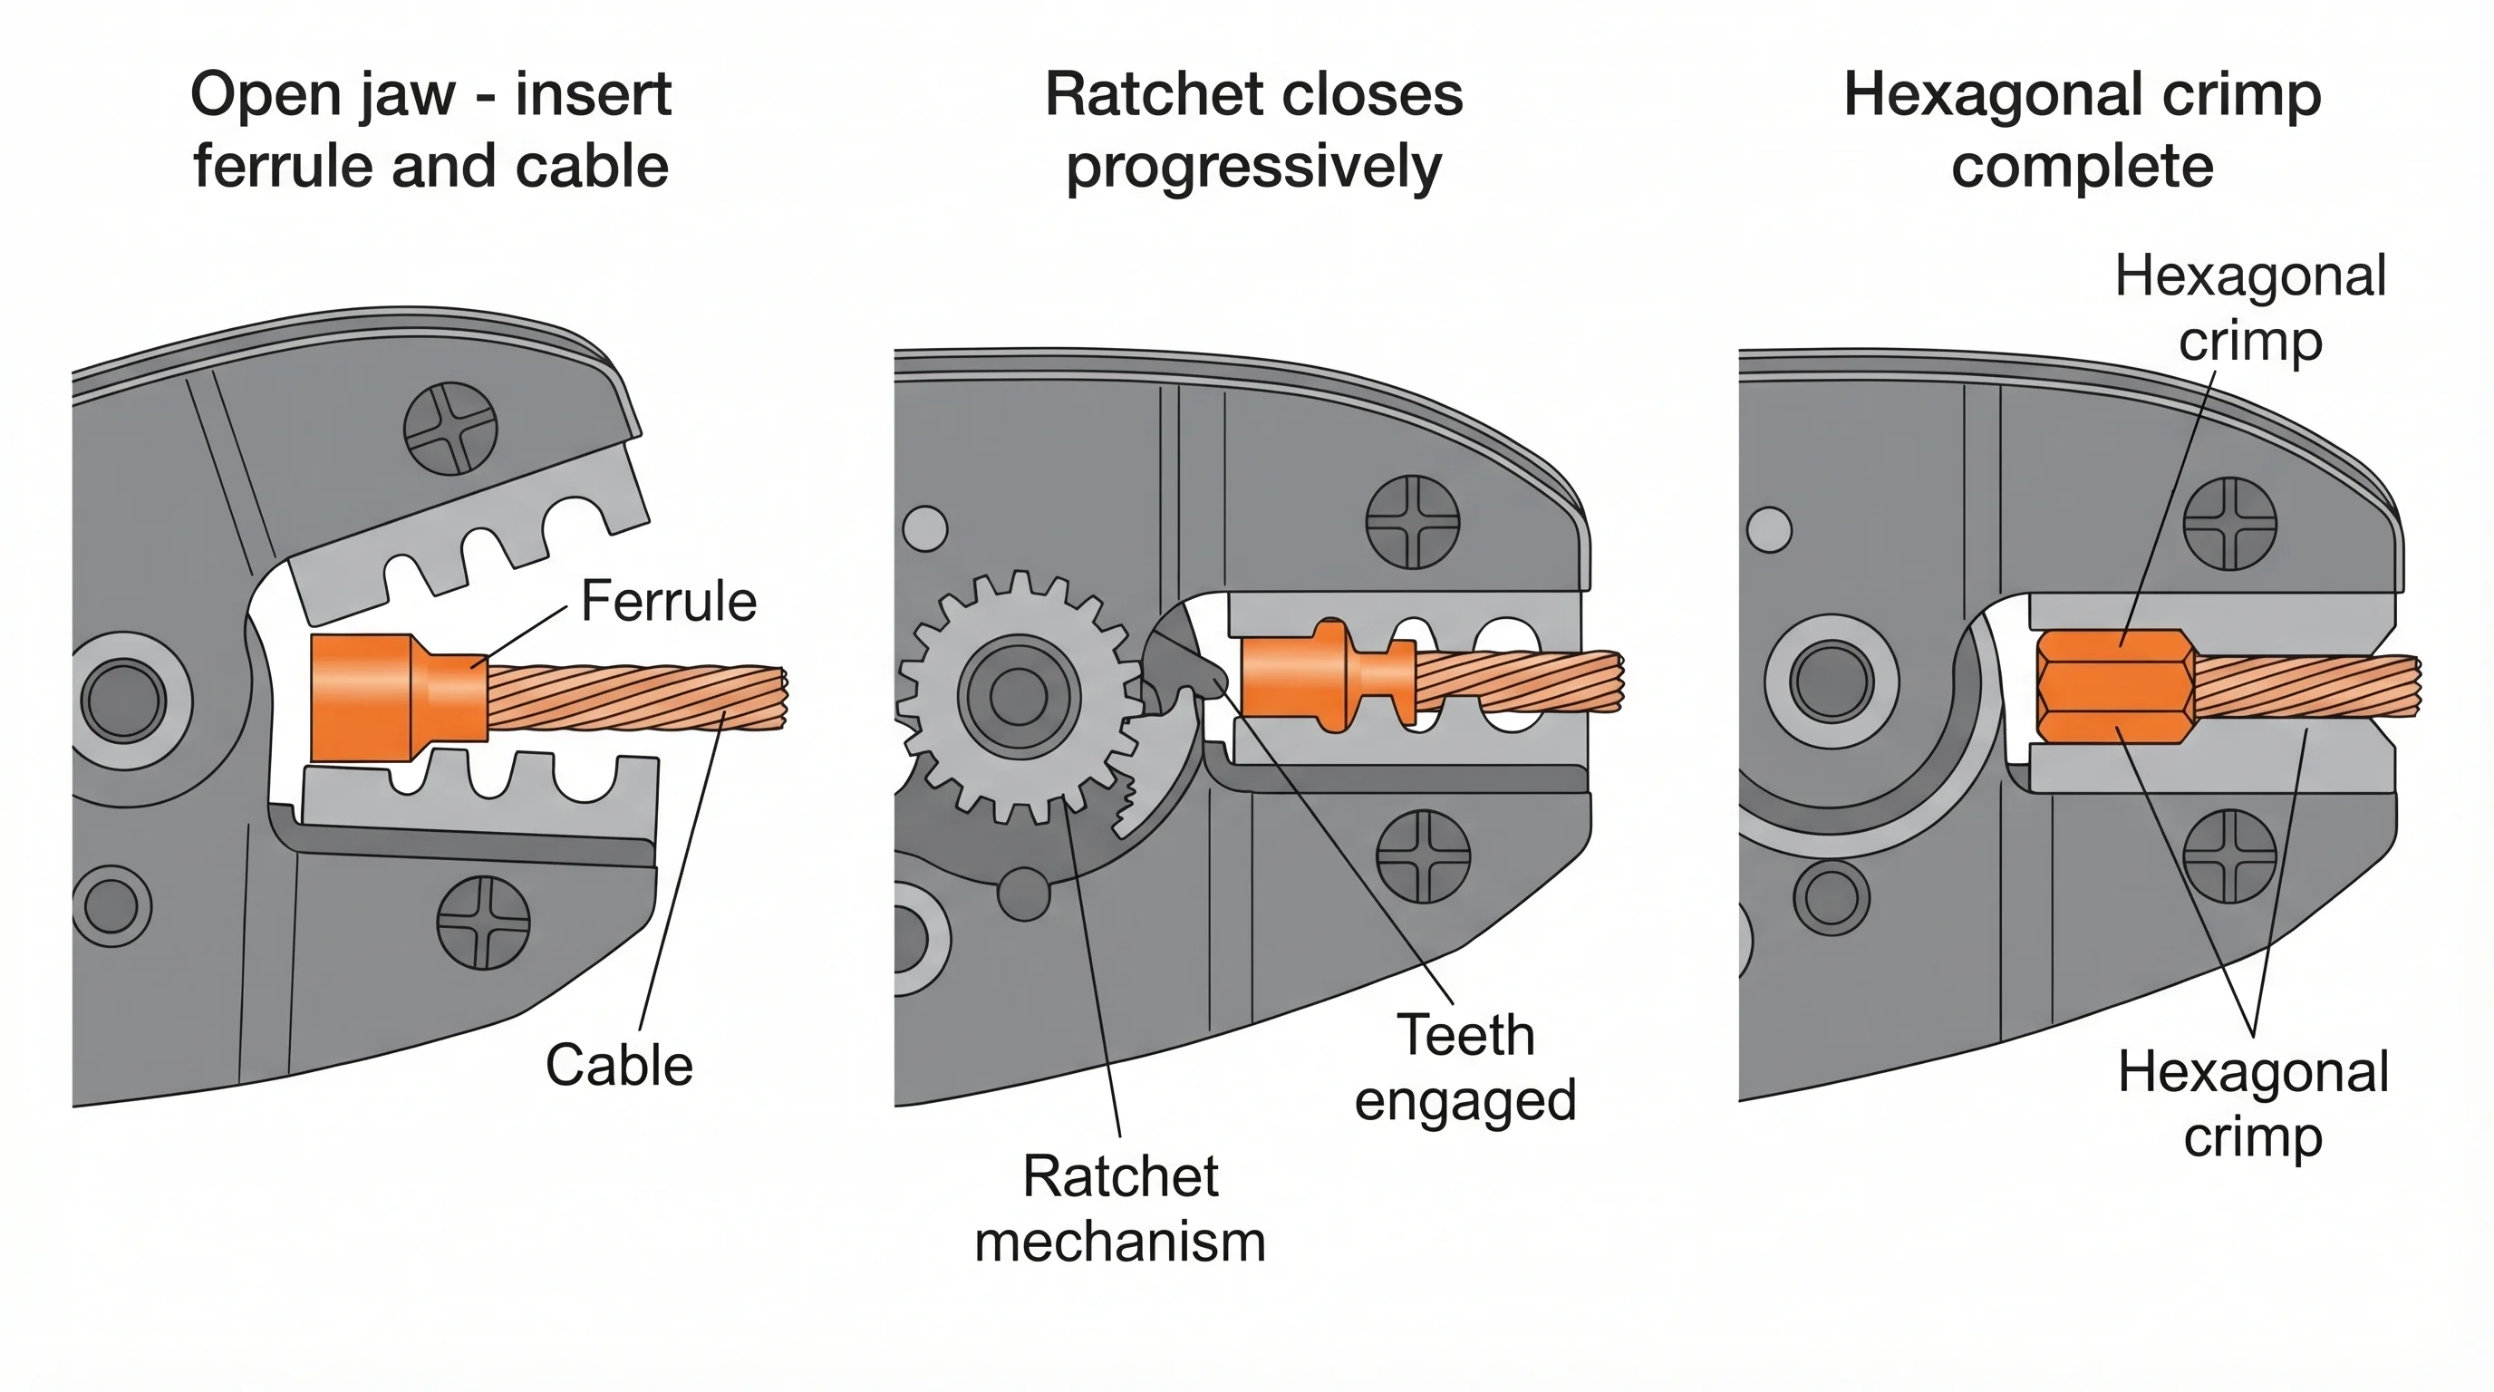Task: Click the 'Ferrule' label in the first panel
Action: [x=668, y=601]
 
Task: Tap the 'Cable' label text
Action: [x=619, y=1066]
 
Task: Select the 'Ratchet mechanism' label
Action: [x=1120, y=1209]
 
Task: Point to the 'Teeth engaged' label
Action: [x=1464, y=1068]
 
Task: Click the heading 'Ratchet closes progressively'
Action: [x=1253, y=130]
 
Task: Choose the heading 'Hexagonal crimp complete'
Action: [x=2082, y=130]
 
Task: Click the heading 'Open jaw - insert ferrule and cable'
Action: [x=430, y=130]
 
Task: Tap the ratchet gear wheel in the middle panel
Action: [x=1019, y=695]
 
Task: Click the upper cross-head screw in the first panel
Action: [x=450, y=428]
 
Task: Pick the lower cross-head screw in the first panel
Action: [x=483, y=922]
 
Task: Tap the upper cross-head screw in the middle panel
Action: [x=1412, y=522]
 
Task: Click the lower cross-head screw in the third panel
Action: [x=2229, y=855]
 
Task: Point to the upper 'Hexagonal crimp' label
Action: [x=2249, y=308]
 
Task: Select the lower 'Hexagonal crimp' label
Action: [x=2253, y=1104]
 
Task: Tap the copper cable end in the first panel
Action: [x=639, y=697]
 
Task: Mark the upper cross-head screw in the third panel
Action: [x=2229, y=524]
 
